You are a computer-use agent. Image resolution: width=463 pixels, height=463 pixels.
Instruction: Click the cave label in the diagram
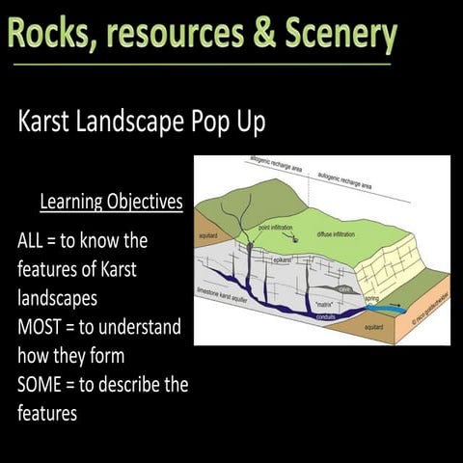(x=344, y=286)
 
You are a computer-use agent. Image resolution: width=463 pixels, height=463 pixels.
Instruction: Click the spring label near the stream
(x=372, y=299)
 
